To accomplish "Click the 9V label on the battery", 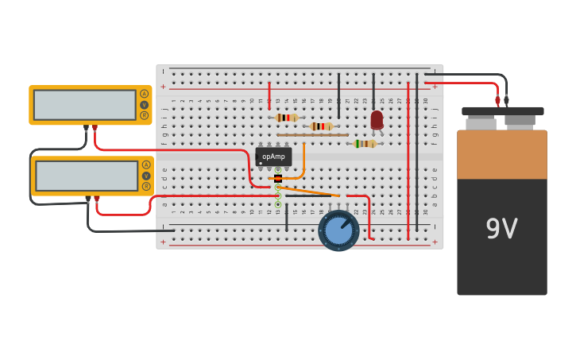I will tap(501, 229).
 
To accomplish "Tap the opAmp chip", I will tap(273, 157).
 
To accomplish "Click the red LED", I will tap(377, 119).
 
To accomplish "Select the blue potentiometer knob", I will tap(338, 230).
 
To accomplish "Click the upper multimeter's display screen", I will tap(85, 105).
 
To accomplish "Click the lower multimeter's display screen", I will tap(87, 176).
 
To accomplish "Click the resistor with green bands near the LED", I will tap(365, 144).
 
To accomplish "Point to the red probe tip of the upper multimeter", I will tap(95, 128).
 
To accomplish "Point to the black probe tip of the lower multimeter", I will tap(87, 199).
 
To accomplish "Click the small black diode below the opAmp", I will tap(277, 179).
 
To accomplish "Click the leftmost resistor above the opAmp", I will tap(287, 118).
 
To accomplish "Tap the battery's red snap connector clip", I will tap(498, 101).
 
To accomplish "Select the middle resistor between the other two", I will tap(321, 126).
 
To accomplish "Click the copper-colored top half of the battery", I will tap(501, 154).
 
